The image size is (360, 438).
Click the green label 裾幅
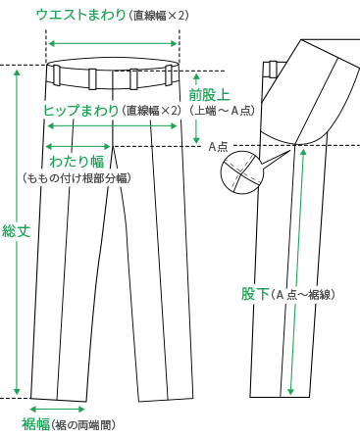[35, 423]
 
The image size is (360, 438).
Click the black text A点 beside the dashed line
[218, 146]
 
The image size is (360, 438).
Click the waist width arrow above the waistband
[114, 43]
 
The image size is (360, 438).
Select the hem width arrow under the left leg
[58, 409]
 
